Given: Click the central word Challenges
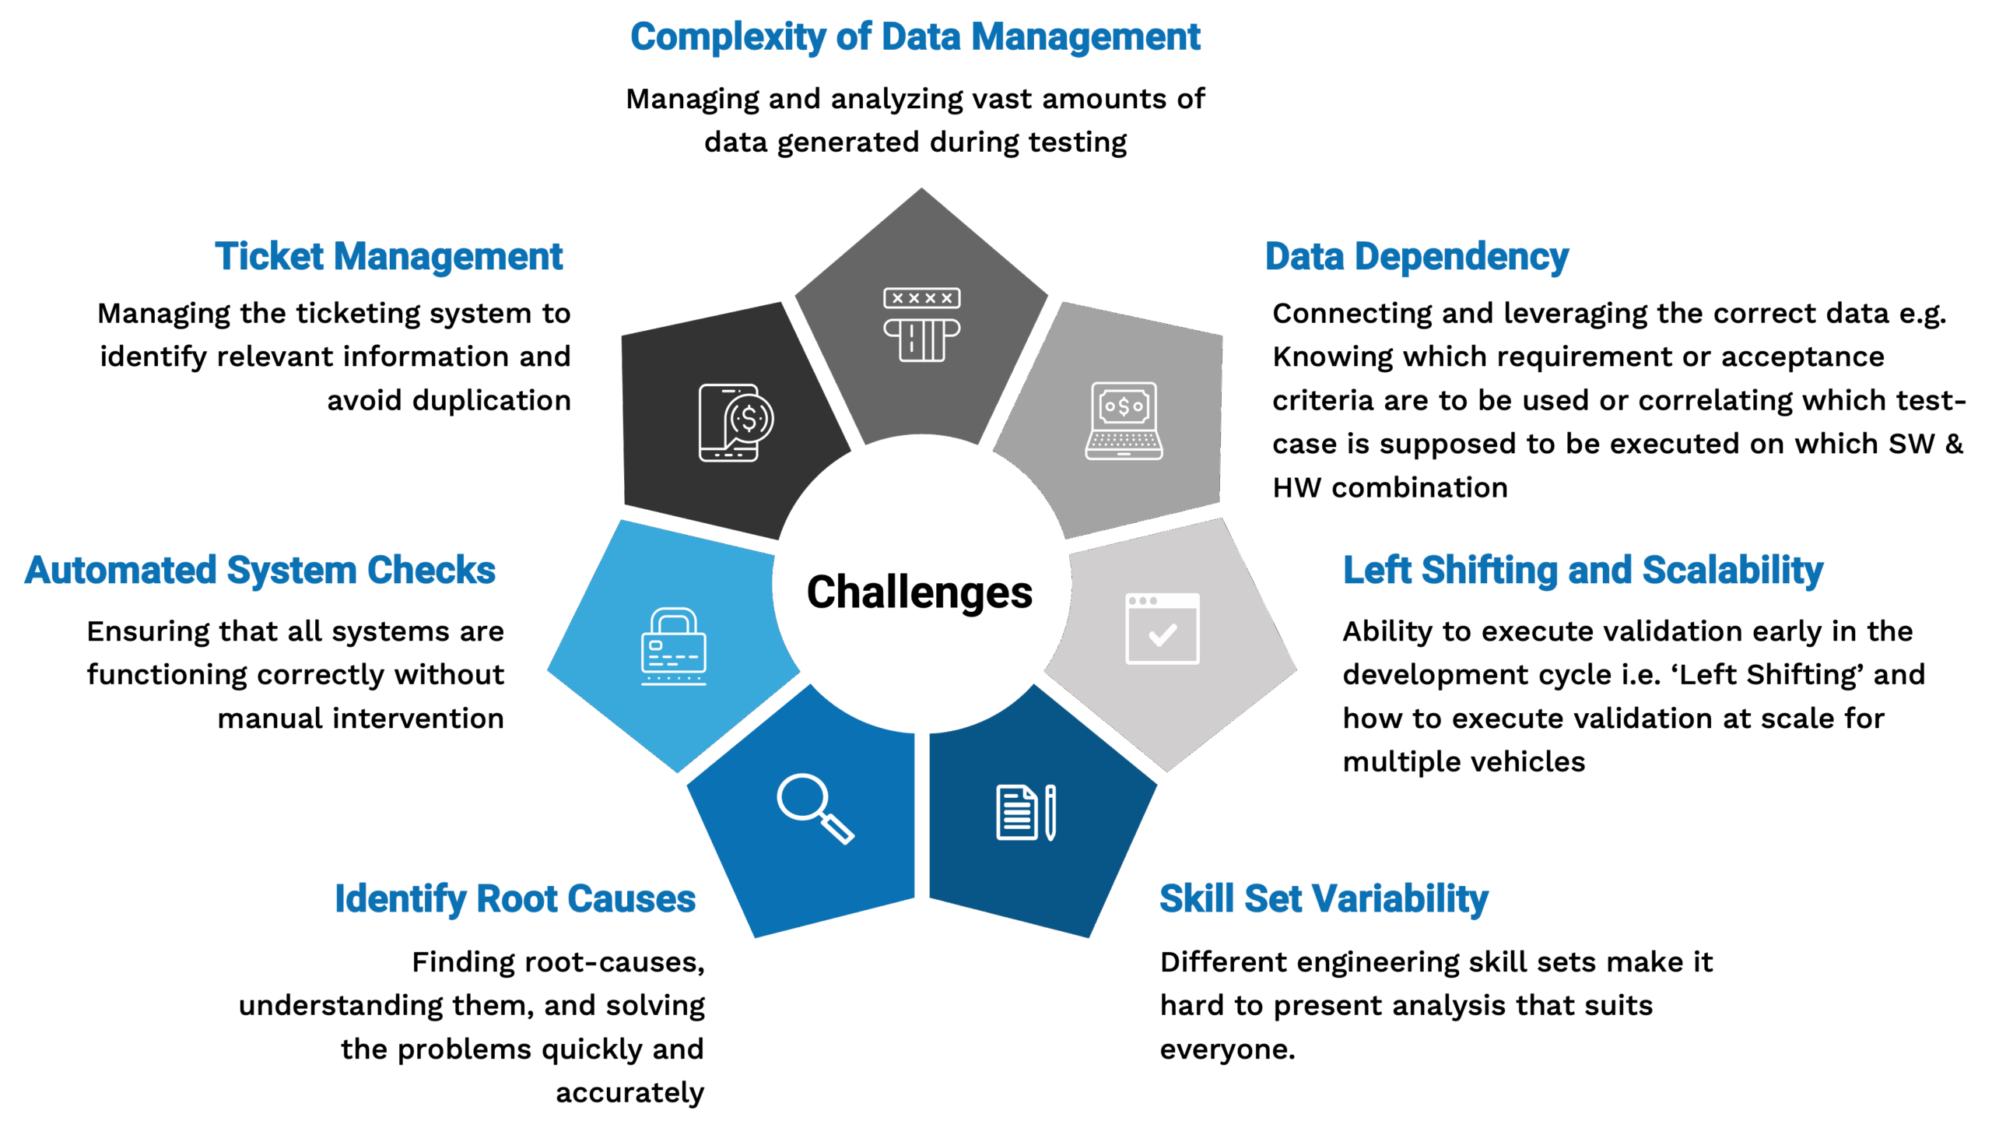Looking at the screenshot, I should coord(919,593).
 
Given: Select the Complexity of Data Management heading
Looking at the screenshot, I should coord(915,37).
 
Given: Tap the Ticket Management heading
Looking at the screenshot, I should coord(388,257).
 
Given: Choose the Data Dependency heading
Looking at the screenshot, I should coord(1416,257).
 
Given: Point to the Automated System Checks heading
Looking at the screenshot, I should coord(260,570).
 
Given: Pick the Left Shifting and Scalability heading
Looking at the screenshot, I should coord(1583,570).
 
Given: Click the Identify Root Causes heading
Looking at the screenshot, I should coord(514,899).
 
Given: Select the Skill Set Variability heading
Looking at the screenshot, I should coord(1324,899).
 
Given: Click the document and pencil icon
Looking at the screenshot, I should coord(1026,813).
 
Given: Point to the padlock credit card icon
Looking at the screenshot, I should coord(673,646).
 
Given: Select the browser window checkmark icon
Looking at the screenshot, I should coord(1162,629).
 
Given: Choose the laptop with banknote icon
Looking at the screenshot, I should coord(1124,420).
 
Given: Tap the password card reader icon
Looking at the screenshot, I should coord(921,325).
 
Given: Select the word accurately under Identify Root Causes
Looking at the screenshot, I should coord(630,1092).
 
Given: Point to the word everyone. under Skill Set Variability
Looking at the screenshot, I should coord(1227,1049).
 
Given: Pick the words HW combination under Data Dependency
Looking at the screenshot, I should coord(1390,487).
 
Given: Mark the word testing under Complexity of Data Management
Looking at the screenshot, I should coord(1078,142).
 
